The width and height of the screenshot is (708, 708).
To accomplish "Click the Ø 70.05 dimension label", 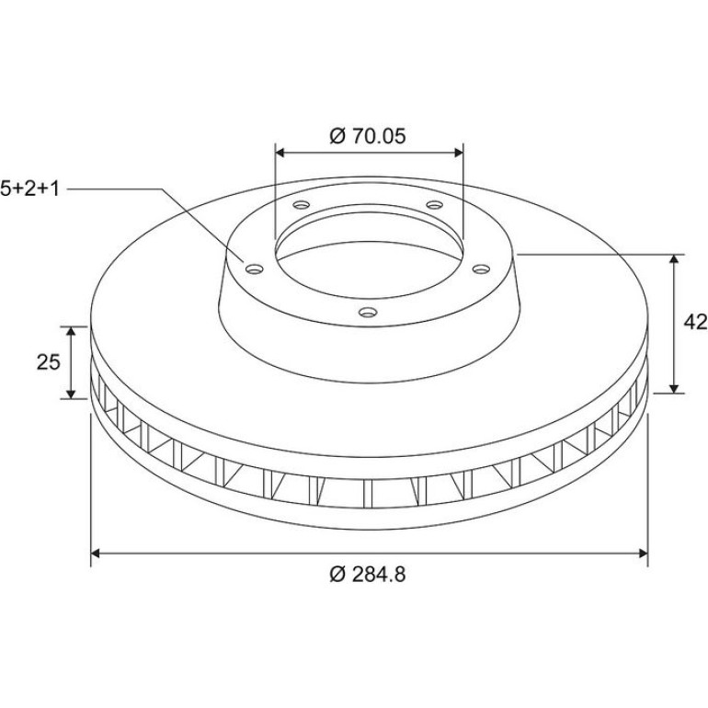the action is point(368,136).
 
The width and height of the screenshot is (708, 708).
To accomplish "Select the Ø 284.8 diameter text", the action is point(368,575).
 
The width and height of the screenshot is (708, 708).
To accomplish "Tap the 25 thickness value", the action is point(49,361).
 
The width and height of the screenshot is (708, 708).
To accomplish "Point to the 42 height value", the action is point(695,323).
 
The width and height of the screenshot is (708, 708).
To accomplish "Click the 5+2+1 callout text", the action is point(29,188).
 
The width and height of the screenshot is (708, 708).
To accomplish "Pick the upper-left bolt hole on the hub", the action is point(302,205).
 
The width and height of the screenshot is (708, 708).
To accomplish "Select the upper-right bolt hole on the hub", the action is point(435,205).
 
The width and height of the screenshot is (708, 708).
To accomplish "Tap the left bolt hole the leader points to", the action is point(255,269).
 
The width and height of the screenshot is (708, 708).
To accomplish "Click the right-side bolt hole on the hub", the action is point(481,269).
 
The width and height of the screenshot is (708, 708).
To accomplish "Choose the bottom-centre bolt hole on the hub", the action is point(368,312).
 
